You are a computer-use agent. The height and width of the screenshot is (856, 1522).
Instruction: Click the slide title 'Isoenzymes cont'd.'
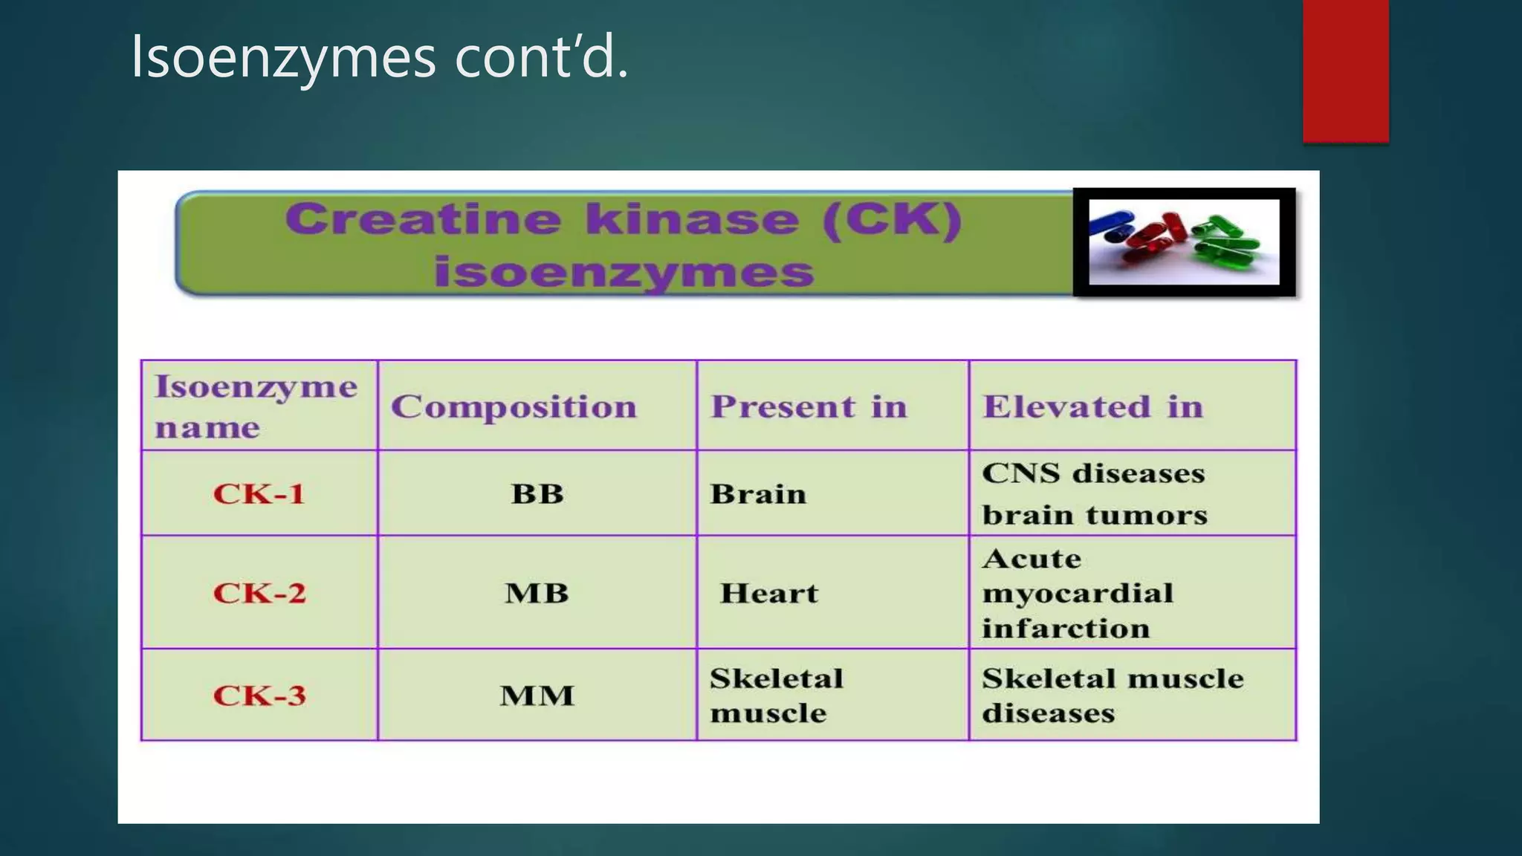[379, 57]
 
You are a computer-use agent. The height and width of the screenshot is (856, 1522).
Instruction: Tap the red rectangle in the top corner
[1345, 71]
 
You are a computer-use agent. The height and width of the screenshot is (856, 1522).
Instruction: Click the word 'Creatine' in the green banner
[422, 220]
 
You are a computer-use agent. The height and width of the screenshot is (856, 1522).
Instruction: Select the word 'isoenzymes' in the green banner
[624, 271]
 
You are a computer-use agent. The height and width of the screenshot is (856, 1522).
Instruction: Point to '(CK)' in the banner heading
[892, 220]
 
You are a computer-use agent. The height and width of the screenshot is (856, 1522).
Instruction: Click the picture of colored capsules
[1184, 241]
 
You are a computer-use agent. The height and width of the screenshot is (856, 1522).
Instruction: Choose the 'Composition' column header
[514, 406]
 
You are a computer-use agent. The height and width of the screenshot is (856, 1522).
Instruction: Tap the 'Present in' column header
[809, 406]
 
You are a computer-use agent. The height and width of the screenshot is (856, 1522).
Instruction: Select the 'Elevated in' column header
[1092, 406]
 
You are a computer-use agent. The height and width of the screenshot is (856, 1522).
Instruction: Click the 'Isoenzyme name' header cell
[256, 406]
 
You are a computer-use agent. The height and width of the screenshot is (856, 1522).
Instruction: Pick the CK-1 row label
[259, 494]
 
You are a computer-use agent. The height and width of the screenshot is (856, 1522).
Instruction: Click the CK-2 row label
[259, 593]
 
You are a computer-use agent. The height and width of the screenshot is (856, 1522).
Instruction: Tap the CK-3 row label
[259, 695]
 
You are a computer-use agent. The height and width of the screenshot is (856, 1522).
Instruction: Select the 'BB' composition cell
[537, 494]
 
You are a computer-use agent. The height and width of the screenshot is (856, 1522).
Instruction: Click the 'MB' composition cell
[537, 593]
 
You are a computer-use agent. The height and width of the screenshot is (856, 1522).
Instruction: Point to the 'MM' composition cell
[537, 695]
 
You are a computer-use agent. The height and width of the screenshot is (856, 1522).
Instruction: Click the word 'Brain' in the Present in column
[757, 494]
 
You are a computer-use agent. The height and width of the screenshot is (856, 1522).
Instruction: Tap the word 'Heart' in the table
[768, 593]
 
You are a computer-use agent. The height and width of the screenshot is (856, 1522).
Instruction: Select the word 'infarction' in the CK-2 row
[1066, 629]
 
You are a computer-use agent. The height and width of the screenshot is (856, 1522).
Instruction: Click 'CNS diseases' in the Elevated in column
[1092, 473]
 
